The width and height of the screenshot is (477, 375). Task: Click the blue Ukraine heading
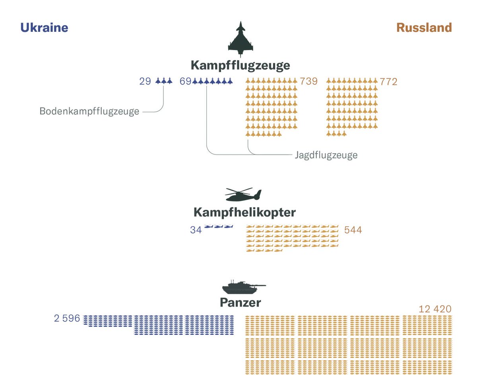coord(44,27)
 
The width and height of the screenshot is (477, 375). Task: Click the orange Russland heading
coord(424,27)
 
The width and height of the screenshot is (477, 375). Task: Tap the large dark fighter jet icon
coord(240,39)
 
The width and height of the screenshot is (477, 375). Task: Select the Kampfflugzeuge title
coord(240,65)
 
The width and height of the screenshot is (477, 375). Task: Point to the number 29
coord(145,82)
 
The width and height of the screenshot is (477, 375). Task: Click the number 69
coord(186,82)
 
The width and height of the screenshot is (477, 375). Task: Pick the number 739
coord(309,82)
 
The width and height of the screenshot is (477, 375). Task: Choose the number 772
coord(388,82)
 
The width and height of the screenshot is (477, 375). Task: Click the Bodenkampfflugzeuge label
coord(89,111)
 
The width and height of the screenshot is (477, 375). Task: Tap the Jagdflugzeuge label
coord(326,155)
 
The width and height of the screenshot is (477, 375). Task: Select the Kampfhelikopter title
coord(244,213)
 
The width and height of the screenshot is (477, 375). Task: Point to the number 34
coord(196,230)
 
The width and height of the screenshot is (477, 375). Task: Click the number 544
coord(353,230)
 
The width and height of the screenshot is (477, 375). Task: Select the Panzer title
coord(240,303)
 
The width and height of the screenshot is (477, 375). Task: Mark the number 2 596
coord(67,318)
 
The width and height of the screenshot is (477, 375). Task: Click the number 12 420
coord(435,309)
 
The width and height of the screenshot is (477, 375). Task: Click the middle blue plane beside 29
coord(164,81)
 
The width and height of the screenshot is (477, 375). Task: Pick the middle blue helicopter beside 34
coord(218,227)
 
